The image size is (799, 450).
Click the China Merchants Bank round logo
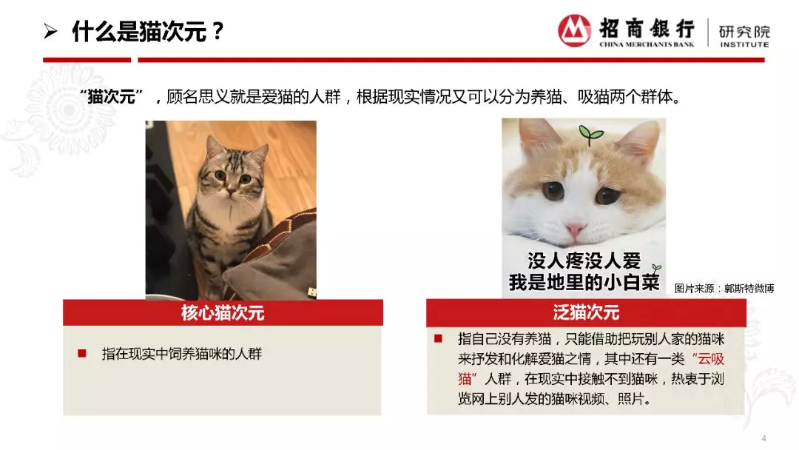pyautogui.click(x=574, y=30)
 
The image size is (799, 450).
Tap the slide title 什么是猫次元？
pyautogui.click(x=148, y=32)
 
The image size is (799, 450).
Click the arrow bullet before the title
pyautogui.click(x=50, y=32)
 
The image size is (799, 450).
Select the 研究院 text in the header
pyautogui.click(x=744, y=32)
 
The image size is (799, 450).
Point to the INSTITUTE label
pyautogui.click(x=744, y=45)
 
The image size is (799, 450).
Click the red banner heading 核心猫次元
pyautogui.click(x=223, y=312)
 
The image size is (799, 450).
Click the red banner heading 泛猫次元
pyautogui.click(x=586, y=312)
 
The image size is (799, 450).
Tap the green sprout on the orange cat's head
pyautogui.click(x=590, y=134)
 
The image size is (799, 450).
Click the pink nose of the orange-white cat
pyautogui.click(x=575, y=230)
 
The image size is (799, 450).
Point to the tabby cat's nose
pyautogui.click(x=232, y=191)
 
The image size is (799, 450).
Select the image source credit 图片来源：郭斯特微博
pyautogui.click(x=724, y=289)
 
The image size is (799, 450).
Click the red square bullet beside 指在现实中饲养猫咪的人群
pyautogui.click(x=82, y=353)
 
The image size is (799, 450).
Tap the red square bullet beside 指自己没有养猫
pyautogui.click(x=438, y=338)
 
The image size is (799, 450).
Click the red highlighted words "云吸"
pyautogui.click(x=710, y=359)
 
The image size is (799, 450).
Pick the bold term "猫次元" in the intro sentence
pyautogui.click(x=111, y=96)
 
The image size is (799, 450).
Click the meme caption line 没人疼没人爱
pyautogui.click(x=584, y=261)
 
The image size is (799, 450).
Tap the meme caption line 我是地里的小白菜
pyautogui.click(x=584, y=282)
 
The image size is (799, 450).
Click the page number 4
pyautogui.click(x=763, y=437)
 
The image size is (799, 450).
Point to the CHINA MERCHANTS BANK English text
pyautogui.click(x=647, y=44)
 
